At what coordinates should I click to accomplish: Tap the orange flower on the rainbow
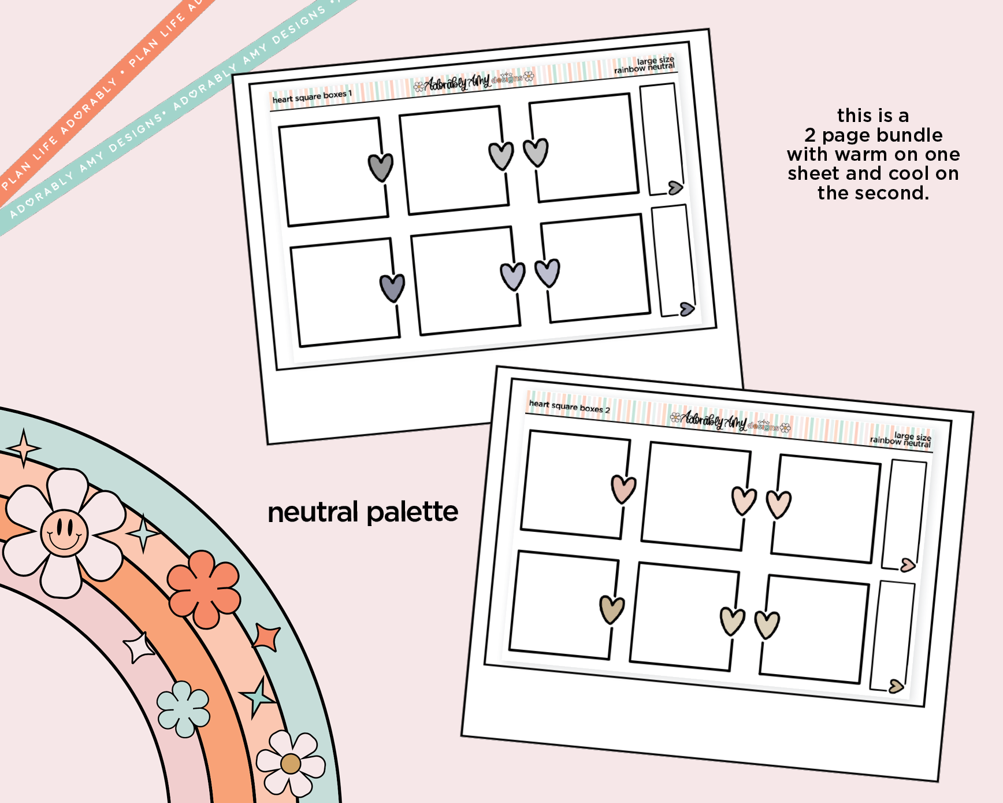pyautogui.click(x=204, y=589)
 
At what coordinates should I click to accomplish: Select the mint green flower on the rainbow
pyautogui.click(x=183, y=709)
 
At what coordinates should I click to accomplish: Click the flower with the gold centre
pyautogui.click(x=291, y=763)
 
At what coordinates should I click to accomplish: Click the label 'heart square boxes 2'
pyautogui.click(x=569, y=406)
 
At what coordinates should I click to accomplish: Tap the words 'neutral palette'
pyautogui.click(x=363, y=512)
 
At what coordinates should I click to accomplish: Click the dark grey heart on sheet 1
pyautogui.click(x=381, y=167)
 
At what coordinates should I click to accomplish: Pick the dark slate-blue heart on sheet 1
pyautogui.click(x=392, y=287)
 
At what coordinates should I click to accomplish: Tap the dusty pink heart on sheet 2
pyautogui.click(x=623, y=489)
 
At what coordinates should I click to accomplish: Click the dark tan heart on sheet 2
pyautogui.click(x=612, y=609)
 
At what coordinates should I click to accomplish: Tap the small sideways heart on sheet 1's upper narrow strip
pyautogui.click(x=675, y=187)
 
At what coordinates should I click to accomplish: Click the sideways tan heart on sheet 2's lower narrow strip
pyautogui.click(x=896, y=686)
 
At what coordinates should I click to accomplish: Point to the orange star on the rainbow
pyautogui.click(x=266, y=638)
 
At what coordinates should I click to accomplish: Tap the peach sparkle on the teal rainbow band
pyautogui.click(x=23, y=448)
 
